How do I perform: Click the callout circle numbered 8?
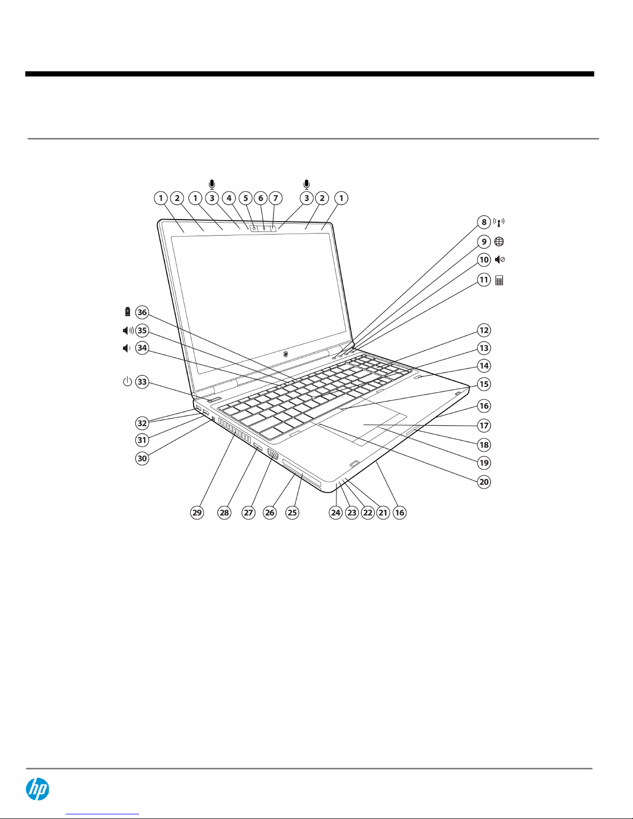(484, 222)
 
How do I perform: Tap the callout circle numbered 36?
(142, 312)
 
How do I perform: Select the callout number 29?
(197, 513)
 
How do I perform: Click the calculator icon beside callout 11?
(499, 281)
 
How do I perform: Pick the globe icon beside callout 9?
(499, 242)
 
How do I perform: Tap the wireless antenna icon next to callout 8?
(499, 222)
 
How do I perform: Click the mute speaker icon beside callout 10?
(500, 260)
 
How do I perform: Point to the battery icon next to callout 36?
(128, 312)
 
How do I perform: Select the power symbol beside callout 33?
(127, 381)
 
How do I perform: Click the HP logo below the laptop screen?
(286, 354)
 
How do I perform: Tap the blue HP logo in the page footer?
(37, 789)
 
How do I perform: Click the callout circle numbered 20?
(484, 482)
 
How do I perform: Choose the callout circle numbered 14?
(484, 366)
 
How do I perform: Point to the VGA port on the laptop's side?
(273, 455)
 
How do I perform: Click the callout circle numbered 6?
(261, 198)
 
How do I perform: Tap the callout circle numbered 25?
(292, 513)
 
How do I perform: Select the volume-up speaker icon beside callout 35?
(128, 331)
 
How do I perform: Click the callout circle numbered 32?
(142, 423)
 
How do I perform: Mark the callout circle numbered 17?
(484, 426)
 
